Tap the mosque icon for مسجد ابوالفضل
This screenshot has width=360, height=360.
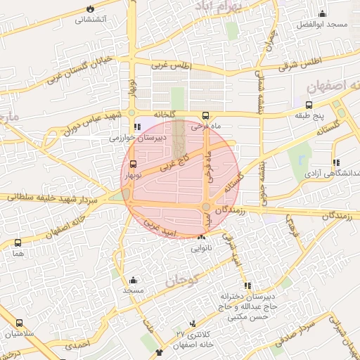[323, 13]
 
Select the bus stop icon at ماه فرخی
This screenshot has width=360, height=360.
[205, 116]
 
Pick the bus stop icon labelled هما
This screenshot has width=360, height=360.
[18, 243]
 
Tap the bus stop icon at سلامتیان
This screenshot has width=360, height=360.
[19, 323]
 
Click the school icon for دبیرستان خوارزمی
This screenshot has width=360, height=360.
[137, 127]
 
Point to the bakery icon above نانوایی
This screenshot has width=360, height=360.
[201, 238]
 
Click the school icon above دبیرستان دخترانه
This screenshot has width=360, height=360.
[247, 285]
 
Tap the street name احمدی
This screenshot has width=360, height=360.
[77, 346]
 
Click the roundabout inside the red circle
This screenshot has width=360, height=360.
[206, 206]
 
